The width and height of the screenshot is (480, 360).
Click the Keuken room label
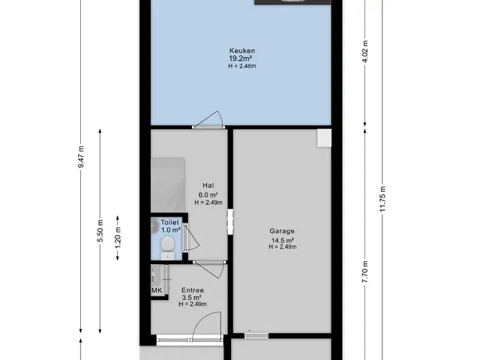242,51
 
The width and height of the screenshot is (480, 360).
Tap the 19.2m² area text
241,58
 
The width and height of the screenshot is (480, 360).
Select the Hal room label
208,185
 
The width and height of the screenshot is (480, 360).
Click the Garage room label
282,231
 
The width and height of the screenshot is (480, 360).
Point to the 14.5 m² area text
283,240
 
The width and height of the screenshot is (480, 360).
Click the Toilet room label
170,223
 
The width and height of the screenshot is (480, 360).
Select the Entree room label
193,290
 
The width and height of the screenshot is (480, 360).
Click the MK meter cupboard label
157,290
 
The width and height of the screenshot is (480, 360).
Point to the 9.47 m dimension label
81,157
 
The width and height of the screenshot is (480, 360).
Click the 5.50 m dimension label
100,231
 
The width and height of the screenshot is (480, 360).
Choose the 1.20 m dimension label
118,238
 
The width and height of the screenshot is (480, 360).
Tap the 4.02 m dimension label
365,51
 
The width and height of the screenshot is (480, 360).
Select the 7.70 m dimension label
365,272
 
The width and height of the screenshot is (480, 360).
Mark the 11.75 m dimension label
382,199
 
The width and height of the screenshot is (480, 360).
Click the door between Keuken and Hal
208,120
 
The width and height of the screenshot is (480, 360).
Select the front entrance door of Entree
205,326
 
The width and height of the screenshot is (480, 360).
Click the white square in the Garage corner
324,137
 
